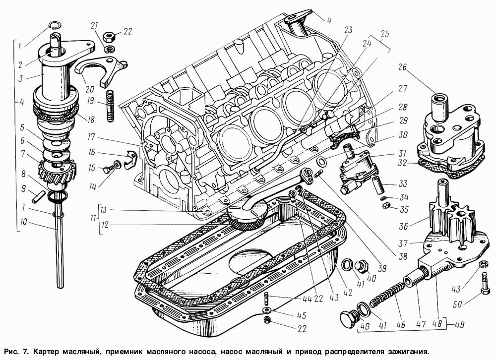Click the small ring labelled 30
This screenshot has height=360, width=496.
coord(321,162)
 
